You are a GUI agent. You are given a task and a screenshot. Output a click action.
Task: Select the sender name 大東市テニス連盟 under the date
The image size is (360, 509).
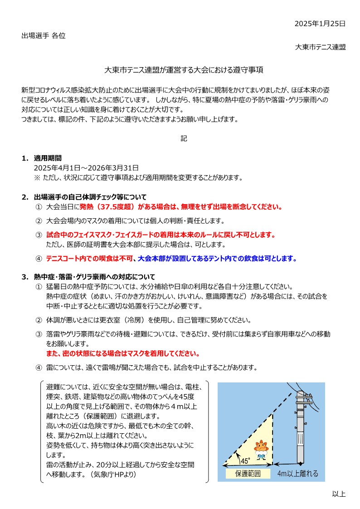click(320, 47)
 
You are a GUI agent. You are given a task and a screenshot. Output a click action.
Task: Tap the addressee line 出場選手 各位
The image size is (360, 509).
click(44, 35)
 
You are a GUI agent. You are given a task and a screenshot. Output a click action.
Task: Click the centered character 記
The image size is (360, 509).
click(184, 139)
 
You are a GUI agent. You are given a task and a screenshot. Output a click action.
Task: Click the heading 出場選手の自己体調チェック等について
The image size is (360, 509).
click(90, 197)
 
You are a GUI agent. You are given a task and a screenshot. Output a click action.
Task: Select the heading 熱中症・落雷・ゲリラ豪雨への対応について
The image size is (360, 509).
click(94, 277)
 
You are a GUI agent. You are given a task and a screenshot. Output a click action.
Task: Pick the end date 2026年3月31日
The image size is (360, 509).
click(116, 168)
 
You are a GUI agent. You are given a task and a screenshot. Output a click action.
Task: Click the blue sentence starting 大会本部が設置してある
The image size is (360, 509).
click(218, 259)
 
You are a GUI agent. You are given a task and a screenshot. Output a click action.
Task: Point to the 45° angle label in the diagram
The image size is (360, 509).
click(245, 461)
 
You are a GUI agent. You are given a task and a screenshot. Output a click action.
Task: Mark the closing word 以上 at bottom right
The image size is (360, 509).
click(339, 494)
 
